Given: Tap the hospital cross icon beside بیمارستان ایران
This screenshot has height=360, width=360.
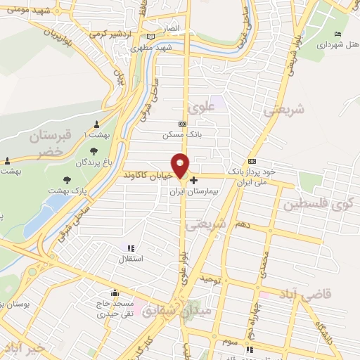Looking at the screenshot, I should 194,180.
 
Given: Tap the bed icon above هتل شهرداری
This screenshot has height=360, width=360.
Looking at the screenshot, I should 338,33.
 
